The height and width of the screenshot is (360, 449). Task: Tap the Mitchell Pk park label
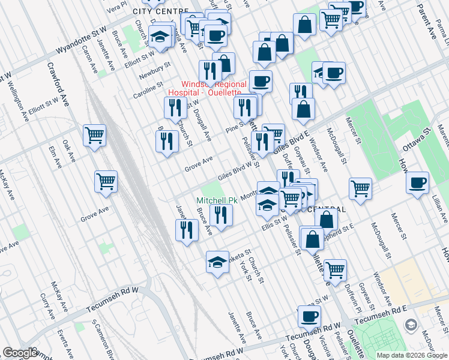[217, 200]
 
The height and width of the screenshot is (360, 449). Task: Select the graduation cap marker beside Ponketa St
[217, 261]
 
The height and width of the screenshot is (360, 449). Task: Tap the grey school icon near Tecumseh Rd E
[411, 325]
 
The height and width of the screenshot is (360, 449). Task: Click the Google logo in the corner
[21, 353]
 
